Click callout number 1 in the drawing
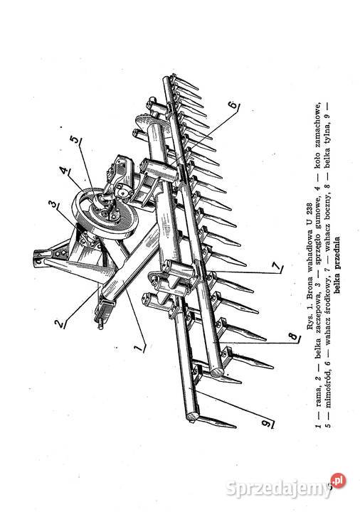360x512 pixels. tap(139, 348)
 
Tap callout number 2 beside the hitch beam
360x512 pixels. tap(60, 324)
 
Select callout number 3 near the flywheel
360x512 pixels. tap(52, 204)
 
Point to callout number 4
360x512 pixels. tap(63, 171)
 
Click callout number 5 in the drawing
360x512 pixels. tap(75, 140)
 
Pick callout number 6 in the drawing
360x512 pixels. tap(233, 105)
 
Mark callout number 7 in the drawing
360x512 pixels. tap(277, 267)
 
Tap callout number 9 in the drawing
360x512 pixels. tap(267, 424)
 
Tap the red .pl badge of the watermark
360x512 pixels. tap(338, 481)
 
